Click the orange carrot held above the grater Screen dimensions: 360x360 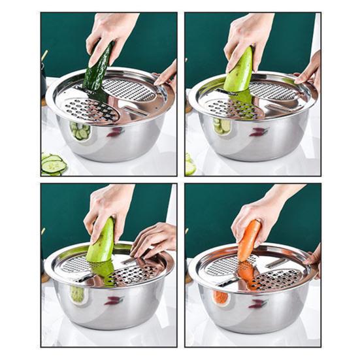[x=248, y=241]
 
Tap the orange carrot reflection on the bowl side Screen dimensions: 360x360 [x=221, y=297]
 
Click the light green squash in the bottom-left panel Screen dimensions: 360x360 [x=101, y=241]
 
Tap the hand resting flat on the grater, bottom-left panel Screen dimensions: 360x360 [x=152, y=240]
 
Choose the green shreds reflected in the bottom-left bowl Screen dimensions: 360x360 [x=78, y=293]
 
